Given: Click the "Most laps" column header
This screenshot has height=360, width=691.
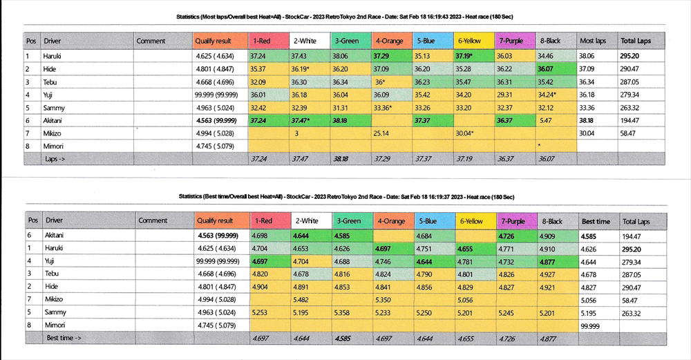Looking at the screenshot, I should [592, 41].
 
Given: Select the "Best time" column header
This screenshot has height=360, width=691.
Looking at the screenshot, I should [595, 222].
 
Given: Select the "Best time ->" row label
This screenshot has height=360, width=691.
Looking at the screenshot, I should [63, 339].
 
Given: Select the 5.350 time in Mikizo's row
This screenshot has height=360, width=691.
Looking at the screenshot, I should [386, 301].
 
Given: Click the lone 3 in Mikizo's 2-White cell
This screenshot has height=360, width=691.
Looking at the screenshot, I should [296, 133].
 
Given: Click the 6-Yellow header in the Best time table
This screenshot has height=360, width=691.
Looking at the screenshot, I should [470, 222].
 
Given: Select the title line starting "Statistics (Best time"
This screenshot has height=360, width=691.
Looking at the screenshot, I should [345, 196].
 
